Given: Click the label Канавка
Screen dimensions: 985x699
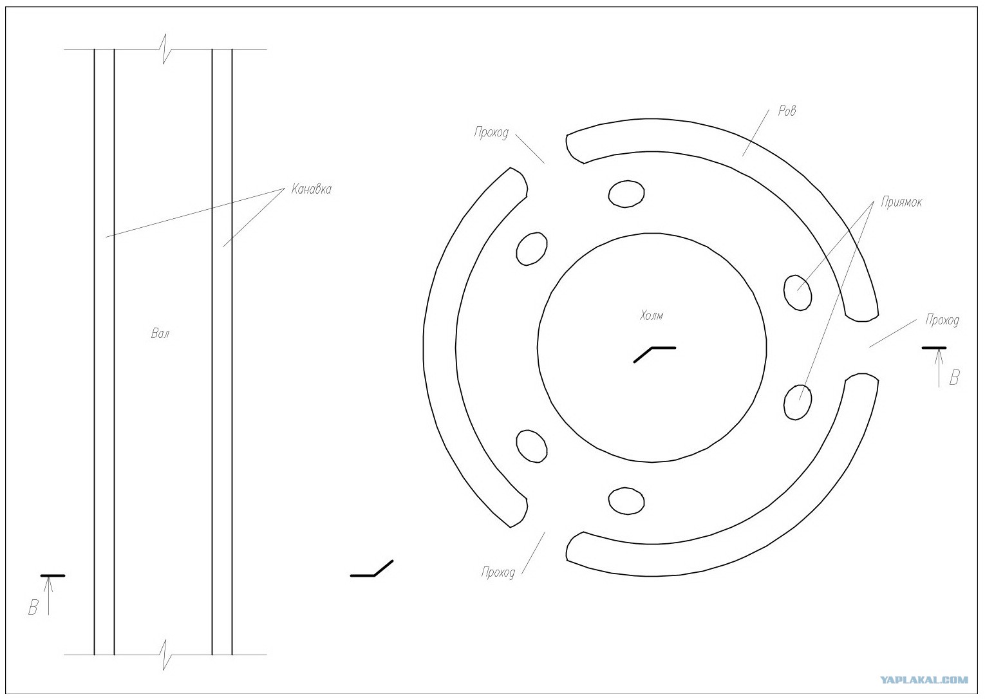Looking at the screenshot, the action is (x=312, y=189).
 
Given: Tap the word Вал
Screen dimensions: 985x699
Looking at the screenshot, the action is (x=160, y=333).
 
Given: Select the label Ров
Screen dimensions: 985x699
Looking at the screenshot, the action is (x=787, y=110).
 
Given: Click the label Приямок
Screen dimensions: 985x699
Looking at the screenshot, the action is (x=901, y=202).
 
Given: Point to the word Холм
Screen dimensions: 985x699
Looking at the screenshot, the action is (x=652, y=315).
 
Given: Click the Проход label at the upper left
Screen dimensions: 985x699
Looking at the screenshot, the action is (x=491, y=133).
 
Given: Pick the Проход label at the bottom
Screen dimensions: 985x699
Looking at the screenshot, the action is (x=498, y=572).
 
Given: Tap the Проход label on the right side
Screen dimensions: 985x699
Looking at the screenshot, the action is (x=942, y=320).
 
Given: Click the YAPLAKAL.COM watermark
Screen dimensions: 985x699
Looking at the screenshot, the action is (x=924, y=680).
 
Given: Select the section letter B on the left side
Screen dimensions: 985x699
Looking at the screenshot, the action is (x=33, y=608).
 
